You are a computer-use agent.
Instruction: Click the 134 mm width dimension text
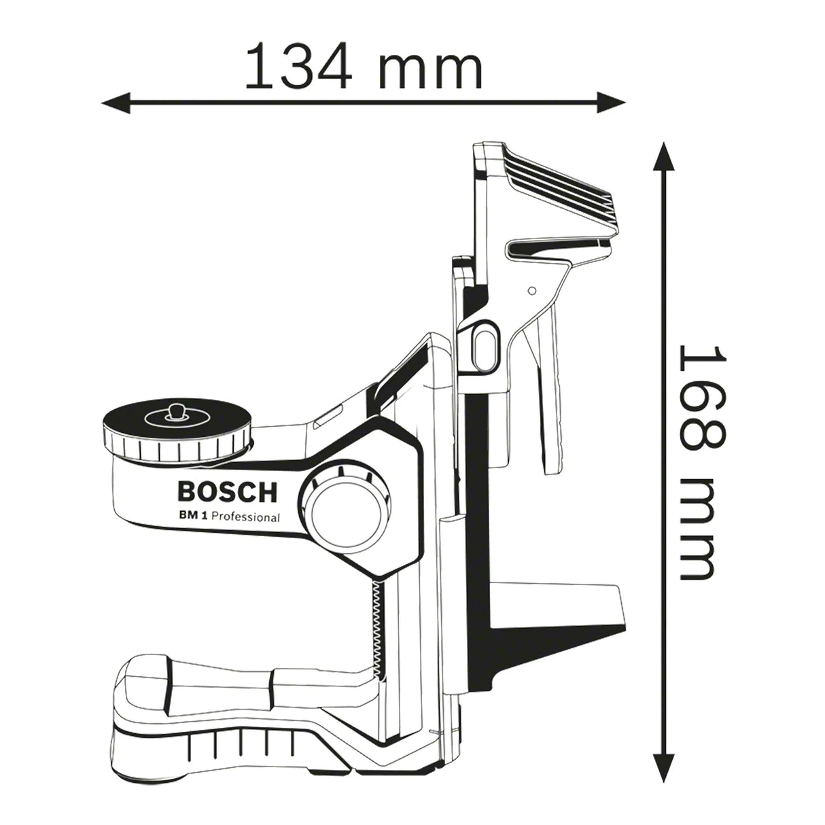tap(363, 66)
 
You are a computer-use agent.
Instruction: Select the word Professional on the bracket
tap(245, 517)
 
